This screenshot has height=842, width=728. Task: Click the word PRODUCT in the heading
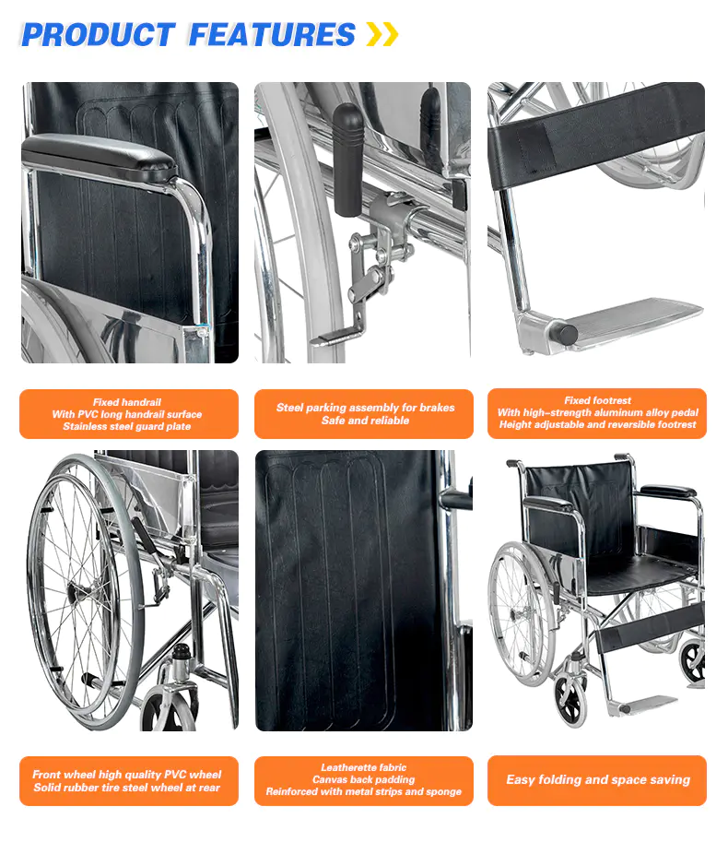(99, 35)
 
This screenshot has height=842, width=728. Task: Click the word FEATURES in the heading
(272, 35)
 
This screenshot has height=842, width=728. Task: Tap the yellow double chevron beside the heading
(382, 34)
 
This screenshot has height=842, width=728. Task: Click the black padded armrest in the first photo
(100, 152)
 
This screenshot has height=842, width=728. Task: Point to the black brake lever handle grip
(348, 160)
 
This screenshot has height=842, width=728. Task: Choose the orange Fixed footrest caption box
(597, 413)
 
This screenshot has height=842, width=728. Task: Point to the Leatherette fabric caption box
(364, 781)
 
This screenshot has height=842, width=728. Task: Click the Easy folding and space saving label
(597, 780)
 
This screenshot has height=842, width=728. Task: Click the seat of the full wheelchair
(639, 572)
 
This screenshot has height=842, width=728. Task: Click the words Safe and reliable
(365, 421)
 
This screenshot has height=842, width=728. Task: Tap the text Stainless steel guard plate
(126, 426)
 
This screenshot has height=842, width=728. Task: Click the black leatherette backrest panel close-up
(348, 590)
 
